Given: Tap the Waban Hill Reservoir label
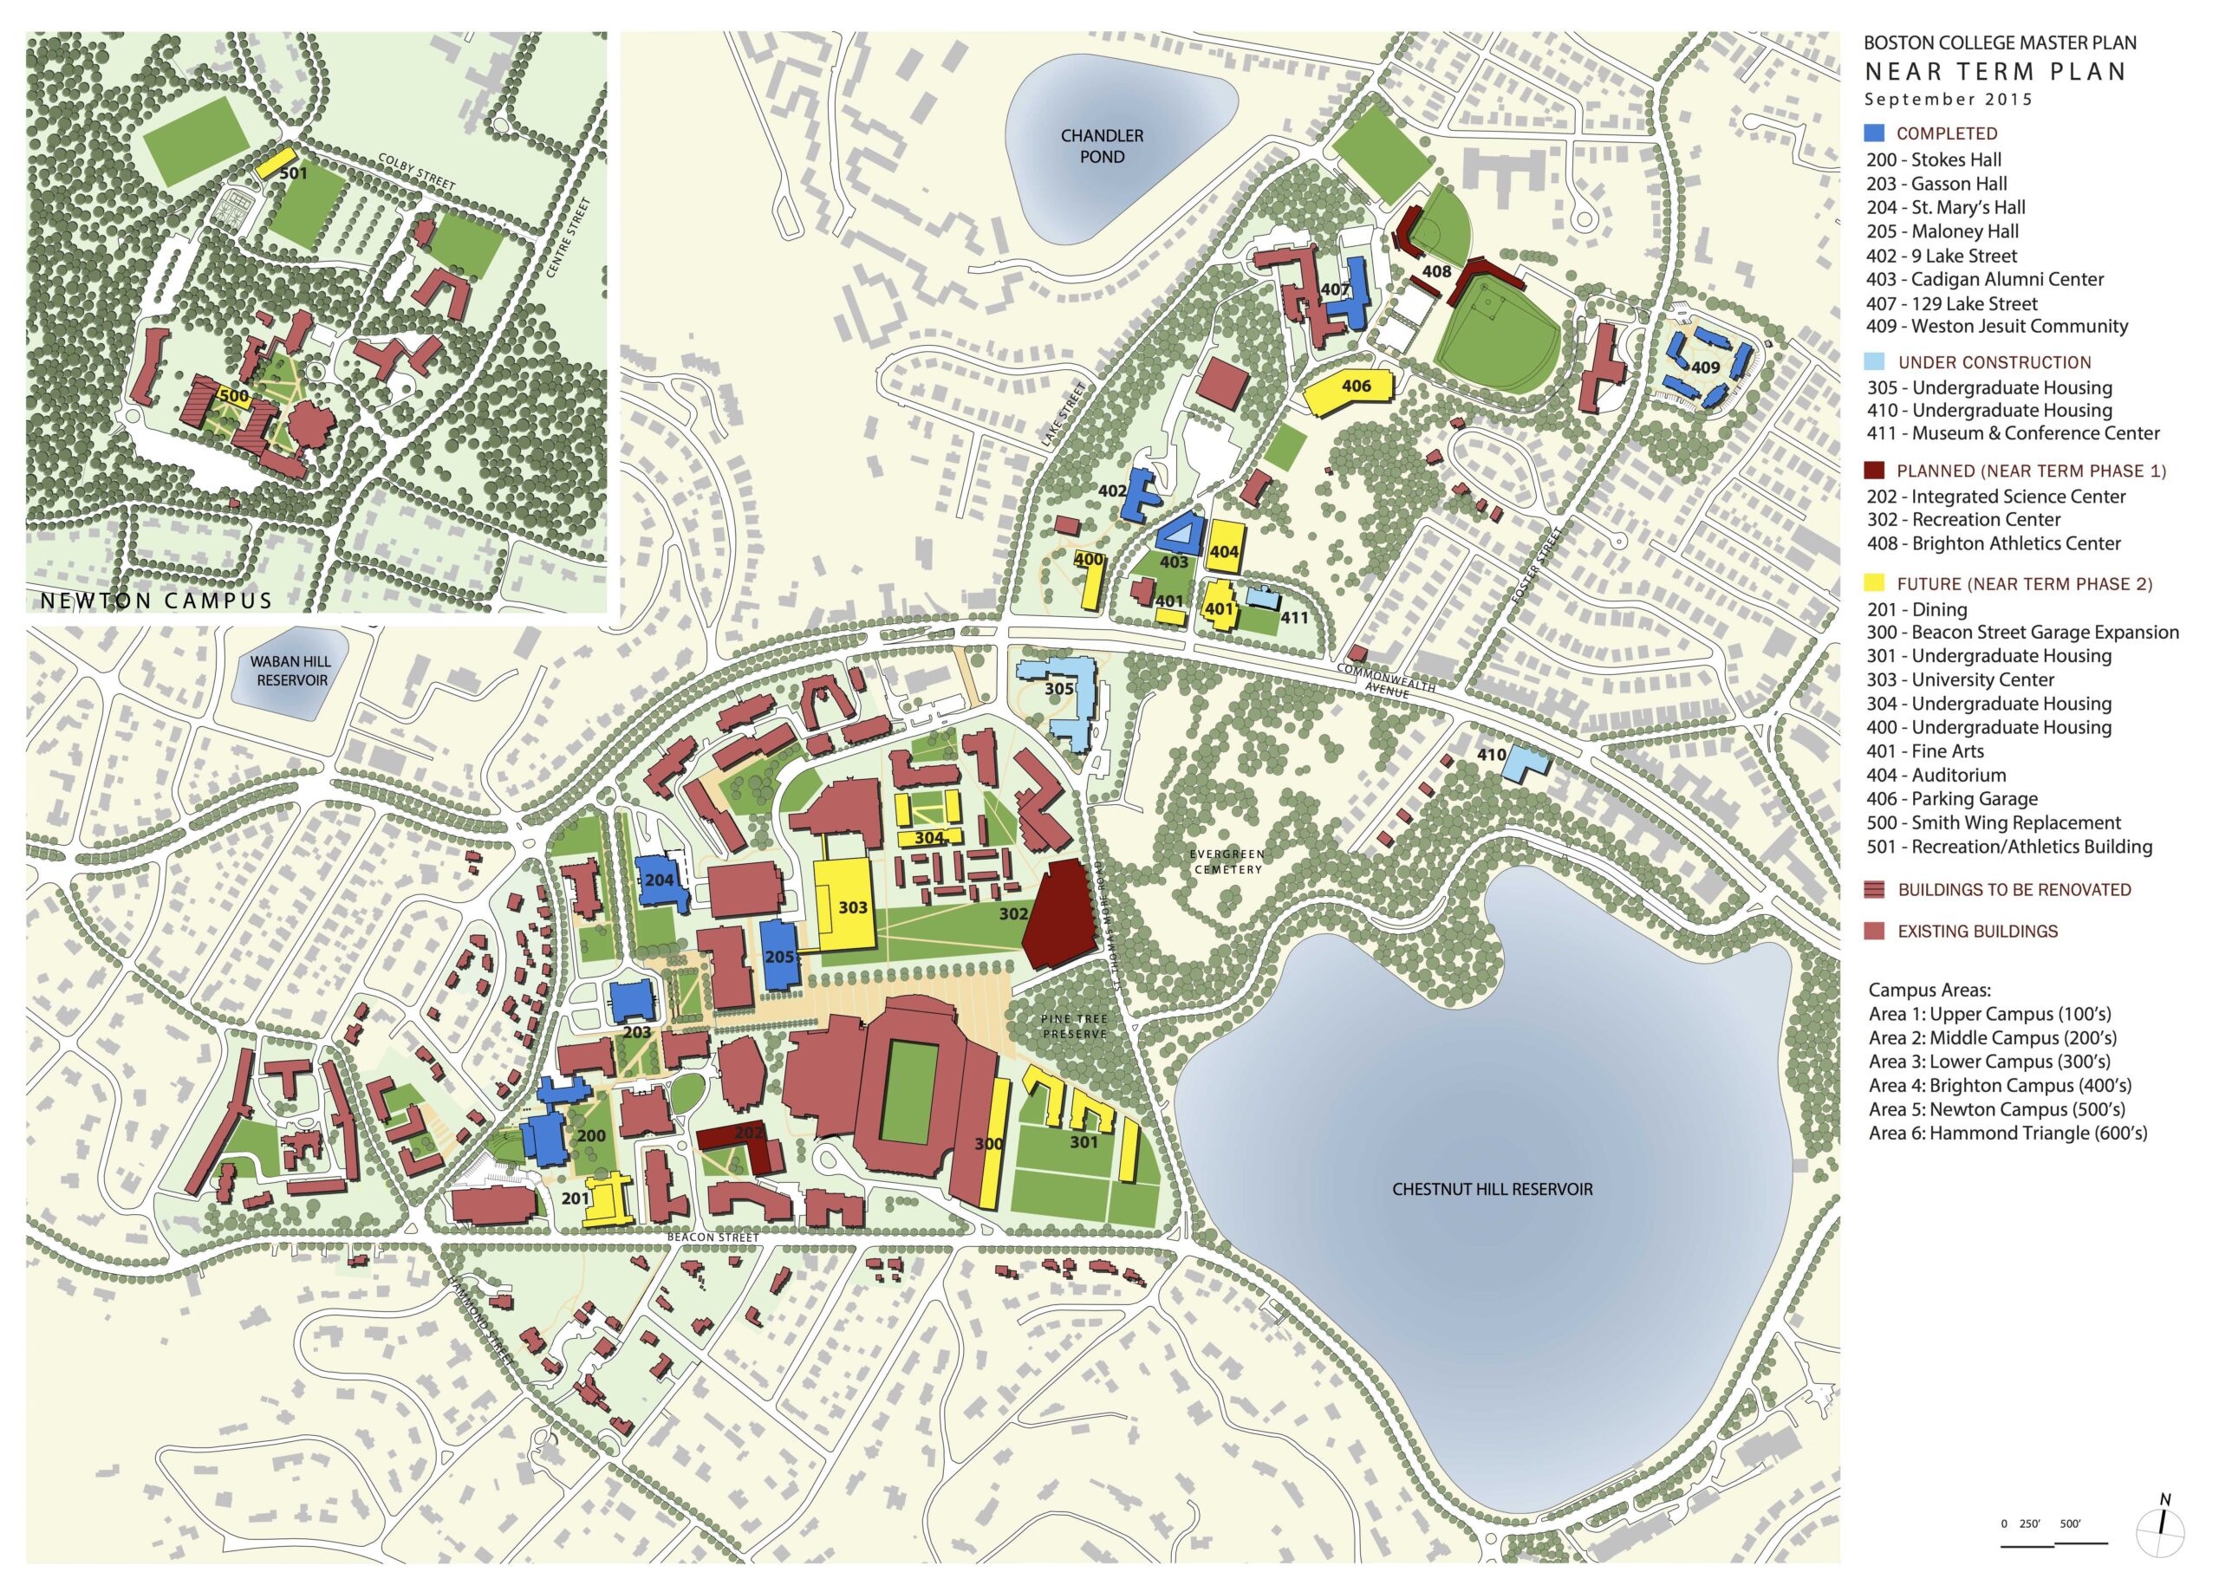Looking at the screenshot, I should pyautogui.click(x=291, y=671).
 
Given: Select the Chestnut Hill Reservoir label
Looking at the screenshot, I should pyautogui.click(x=1491, y=1189).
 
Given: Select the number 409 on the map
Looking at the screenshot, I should pyautogui.click(x=1706, y=368).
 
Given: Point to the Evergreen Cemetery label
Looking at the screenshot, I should pyautogui.click(x=1227, y=861).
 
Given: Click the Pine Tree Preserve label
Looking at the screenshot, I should pyautogui.click(x=1074, y=1026).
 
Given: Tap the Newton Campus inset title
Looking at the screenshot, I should pyautogui.click(x=156, y=600).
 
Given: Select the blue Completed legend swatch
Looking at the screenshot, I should pyautogui.click(x=1873, y=133).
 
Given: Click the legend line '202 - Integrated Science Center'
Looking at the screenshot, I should pyautogui.click(x=1995, y=496).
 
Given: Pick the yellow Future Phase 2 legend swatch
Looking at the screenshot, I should pyautogui.click(x=1873, y=583).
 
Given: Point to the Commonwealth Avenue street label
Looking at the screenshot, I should pyautogui.click(x=1386, y=679).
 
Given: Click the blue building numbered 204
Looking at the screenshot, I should pyautogui.click(x=658, y=880).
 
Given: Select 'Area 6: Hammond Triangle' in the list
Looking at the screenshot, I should pyautogui.click(x=2008, y=1134).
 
